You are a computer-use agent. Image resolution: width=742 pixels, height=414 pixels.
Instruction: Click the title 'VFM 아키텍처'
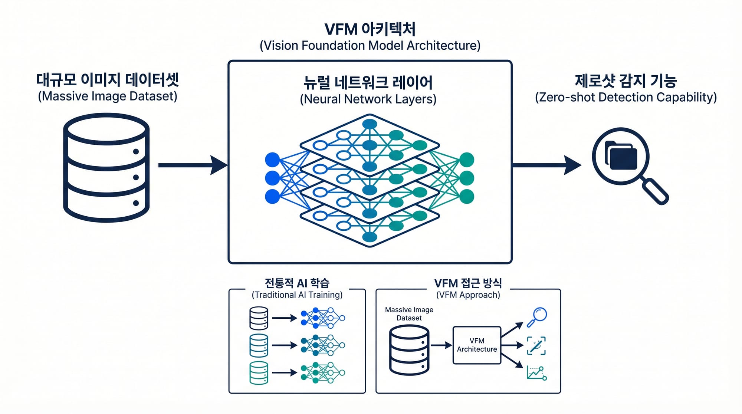click(x=370, y=29)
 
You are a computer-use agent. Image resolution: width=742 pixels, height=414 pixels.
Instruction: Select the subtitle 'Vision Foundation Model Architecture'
click(x=370, y=46)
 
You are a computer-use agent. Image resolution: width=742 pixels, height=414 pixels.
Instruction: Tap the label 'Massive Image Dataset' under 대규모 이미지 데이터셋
click(x=108, y=96)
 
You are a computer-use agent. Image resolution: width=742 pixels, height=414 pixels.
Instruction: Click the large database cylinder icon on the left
click(x=106, y=168)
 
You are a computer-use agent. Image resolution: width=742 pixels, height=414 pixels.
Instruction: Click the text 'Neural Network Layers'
click(x=368, y=99)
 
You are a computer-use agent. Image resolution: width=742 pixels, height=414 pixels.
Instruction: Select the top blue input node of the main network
click(x=272, y=160)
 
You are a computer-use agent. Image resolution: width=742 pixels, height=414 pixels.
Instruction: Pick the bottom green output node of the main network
click(x=467, y=196)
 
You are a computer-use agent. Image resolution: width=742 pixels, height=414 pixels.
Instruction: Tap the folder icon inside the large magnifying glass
click(x=621, y=155)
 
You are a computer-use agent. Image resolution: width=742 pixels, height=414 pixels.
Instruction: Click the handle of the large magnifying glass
click(x=656, y=191)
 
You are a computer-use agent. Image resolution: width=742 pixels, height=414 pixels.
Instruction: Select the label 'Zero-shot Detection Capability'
click(x=626, y=98)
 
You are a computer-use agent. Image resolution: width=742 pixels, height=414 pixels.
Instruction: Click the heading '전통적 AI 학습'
click(x=297, y=283)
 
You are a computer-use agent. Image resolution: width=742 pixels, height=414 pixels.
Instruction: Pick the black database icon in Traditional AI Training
click(x=259, y=318)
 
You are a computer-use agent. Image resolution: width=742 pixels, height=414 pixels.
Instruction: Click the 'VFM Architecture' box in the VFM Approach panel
click(x=477, y=345)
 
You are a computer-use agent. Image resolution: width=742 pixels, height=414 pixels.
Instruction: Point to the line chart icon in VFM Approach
click(x=536, y=373)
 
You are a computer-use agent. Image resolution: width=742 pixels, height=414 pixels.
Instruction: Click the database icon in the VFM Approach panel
click(x=409, y=350)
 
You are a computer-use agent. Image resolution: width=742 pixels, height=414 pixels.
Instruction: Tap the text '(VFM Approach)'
click(x=468, y=295)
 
